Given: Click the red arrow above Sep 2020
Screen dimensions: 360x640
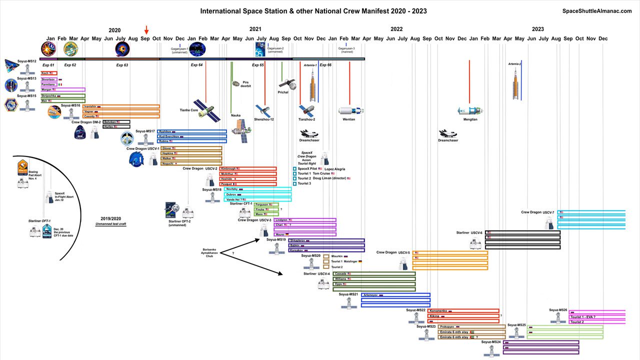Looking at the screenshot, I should [x=146, y=30].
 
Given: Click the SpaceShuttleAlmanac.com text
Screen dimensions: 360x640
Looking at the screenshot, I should [x=597, y=11].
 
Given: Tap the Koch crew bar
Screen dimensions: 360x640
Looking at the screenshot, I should [x=49, y=73].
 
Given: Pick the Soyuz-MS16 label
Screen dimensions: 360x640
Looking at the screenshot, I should [x=70, y=105].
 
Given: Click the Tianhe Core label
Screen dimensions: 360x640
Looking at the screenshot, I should [x=189, y=110].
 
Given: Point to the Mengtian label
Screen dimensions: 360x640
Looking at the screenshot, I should [x=470, y=119].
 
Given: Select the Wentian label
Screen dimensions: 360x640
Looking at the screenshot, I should [x=349, y=119].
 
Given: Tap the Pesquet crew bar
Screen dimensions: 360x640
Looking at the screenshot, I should [x=248, y=184].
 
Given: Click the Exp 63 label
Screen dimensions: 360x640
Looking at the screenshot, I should [x=122, y=65].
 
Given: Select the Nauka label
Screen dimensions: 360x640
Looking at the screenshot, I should [x=235, y=115].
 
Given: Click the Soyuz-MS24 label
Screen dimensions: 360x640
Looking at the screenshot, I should [x=491, y=342].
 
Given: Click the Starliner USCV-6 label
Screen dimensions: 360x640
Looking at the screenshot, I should [x=469, y=232].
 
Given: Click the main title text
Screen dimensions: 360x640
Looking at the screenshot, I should [x=313, y=11].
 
